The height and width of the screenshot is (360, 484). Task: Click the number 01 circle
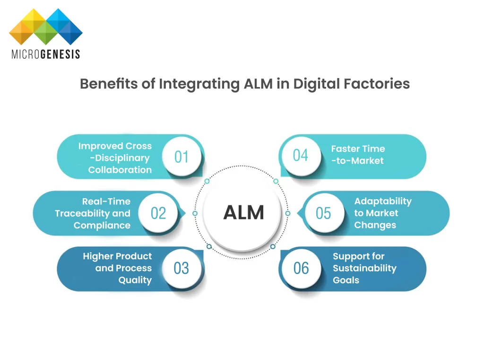click(x=181, y=157)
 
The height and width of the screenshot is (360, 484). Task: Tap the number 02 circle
click(x=158, y=213)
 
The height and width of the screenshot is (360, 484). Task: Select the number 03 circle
click(x=181, y=268)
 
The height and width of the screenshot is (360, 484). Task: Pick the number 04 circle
click(x=300, y=155)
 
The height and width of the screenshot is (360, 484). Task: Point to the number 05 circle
click(x=323, y=213)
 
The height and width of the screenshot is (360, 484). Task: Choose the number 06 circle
click(x=301, y=268)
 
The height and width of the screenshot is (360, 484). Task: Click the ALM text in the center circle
click(x=243, y=213)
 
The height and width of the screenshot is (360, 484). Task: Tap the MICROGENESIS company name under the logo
click(x=46, y=54)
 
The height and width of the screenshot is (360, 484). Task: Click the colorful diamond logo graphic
click(x=46, y=26)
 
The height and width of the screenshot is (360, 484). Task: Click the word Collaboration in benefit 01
click(x=120, y=170)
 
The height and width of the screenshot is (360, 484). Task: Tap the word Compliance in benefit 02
click(x=102, y=225)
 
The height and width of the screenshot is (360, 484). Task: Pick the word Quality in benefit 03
click(x=135, y=280)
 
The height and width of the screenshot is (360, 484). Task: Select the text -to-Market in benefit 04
click(x=357, y=161)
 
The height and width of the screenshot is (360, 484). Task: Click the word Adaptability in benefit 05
click(x=383, y=201)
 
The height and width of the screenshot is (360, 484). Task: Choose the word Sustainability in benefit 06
click(x=364, y=268)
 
